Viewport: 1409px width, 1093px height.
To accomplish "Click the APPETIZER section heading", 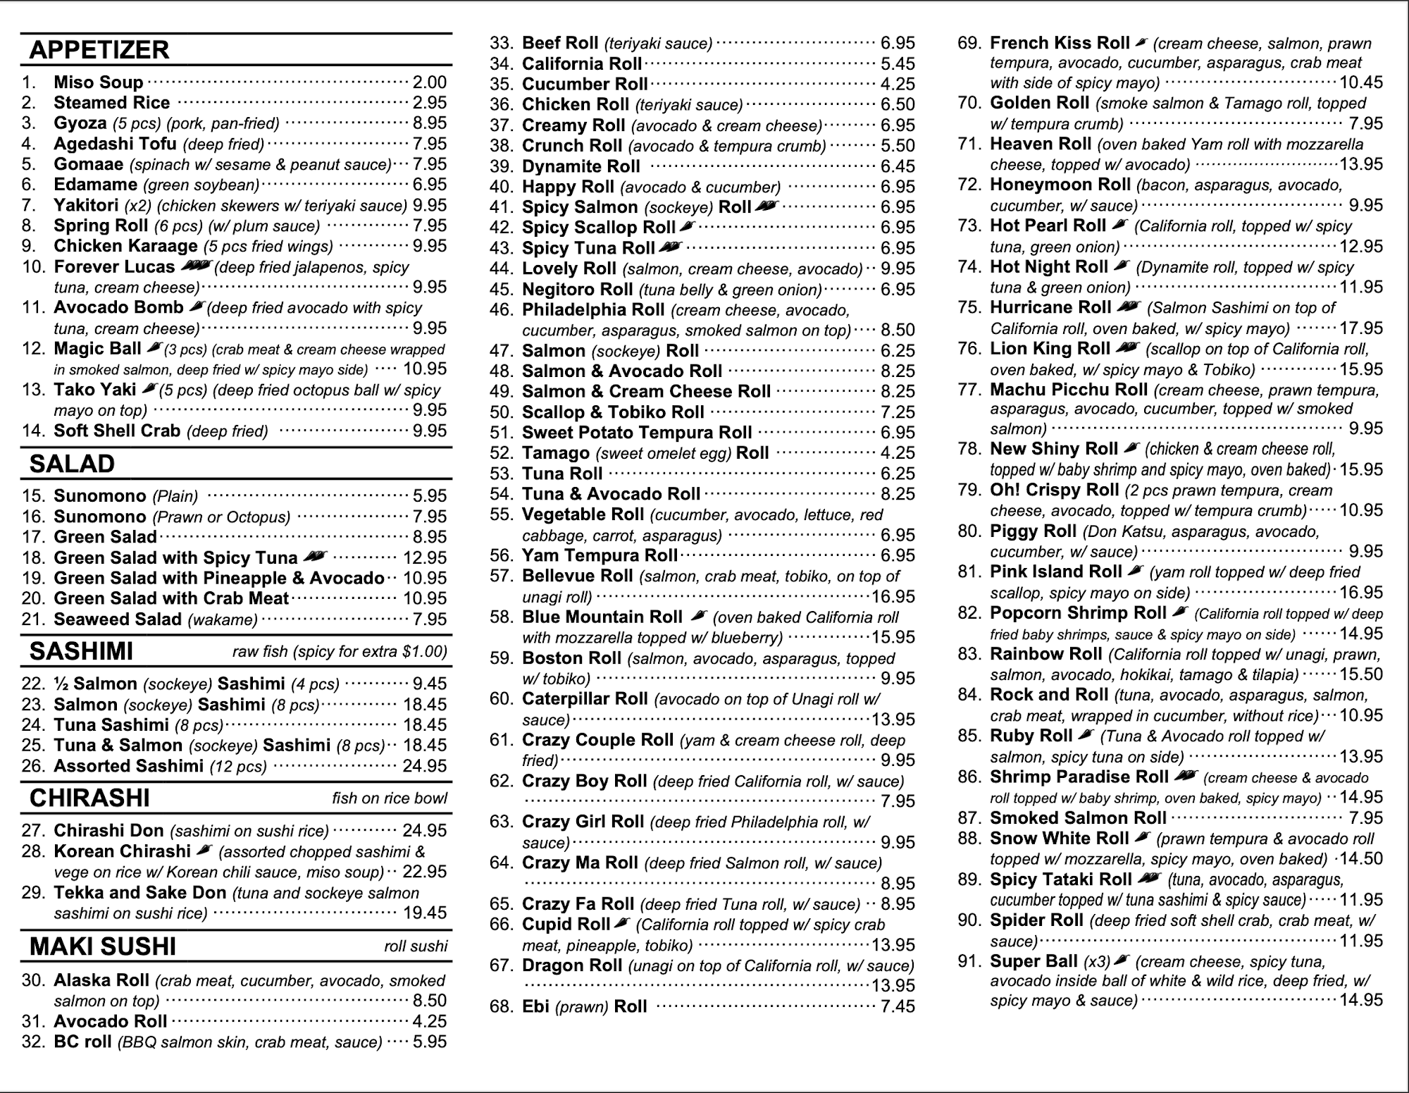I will click(x=99, y=50).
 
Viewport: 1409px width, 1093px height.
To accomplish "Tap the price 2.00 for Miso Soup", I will click(x=429, y=82).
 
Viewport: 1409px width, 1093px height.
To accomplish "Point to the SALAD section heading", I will click(x=72, y=464).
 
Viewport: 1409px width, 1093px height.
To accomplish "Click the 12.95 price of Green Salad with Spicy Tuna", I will click(x=425, y=558).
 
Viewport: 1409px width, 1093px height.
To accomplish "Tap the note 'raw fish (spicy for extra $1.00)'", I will click(x=340, y=651).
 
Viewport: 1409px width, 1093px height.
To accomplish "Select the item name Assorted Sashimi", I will click(x=129, y=766).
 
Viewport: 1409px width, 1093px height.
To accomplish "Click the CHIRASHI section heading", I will click(x=89, y=798).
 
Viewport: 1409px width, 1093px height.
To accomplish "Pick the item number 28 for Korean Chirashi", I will click(x=34, y=851).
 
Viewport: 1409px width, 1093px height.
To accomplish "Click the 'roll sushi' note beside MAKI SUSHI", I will click(x=416, y=946).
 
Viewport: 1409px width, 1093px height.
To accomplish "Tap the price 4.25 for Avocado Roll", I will click(x=429, y=1022).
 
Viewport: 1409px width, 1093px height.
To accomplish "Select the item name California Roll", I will click(x=582, y=63).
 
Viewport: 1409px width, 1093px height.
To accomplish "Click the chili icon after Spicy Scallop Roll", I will click(x=688, y=226).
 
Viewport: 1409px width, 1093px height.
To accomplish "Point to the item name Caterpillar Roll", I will click(x=585, y=699).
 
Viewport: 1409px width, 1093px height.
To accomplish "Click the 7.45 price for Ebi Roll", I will click(x=898, y=1006).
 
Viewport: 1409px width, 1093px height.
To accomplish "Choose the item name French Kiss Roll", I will click(x=1060, y=43).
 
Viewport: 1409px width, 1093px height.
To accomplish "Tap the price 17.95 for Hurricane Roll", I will click(x=1361, y=328).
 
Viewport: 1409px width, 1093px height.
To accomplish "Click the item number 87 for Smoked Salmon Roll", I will click(x=969, y=818).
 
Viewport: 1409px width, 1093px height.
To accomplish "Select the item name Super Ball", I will click(x=1034, y=961).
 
